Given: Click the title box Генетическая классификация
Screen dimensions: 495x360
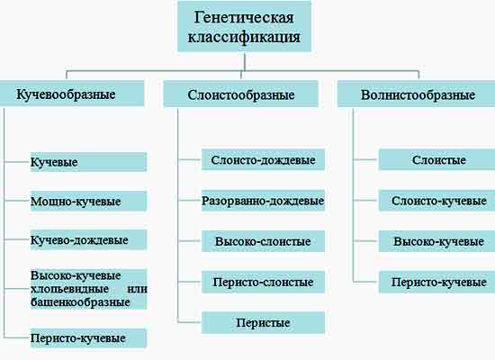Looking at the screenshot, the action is tap(244, 26).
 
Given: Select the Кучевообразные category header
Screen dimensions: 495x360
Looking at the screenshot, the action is tap(72, 94).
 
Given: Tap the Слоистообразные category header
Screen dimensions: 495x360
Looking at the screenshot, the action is tap(240, 94).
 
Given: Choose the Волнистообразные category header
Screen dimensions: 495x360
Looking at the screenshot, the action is tap(417, 94).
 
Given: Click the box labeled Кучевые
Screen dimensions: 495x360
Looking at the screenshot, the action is tap(88, 162).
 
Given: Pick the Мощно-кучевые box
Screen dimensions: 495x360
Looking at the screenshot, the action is tap(88, 202).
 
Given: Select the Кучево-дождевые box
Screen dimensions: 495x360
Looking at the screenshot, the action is tap(88, 240).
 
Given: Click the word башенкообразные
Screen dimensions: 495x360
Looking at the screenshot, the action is tap(80, 302).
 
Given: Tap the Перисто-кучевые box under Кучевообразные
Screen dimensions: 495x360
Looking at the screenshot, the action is tap(88, 338).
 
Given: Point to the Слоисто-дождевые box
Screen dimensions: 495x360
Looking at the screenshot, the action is tap(263, 160).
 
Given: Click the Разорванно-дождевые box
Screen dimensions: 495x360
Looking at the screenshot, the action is tap(263, 201).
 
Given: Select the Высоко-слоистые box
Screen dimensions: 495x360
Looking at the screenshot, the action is tap(263, 241).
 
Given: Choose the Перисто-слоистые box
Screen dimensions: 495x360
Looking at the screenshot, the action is tap(263, 282).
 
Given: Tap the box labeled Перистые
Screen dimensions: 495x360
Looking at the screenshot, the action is tap(263, 323).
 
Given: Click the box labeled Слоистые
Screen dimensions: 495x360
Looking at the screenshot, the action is tap(436, 160).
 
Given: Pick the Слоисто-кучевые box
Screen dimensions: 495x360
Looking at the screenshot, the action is tap(436, 201).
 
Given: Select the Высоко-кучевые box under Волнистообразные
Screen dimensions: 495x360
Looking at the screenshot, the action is tap(436, 241).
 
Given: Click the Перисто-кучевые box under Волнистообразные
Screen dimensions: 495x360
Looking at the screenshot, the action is tap(436, 282).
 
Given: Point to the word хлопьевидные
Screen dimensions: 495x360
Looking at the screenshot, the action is tap(70, 289).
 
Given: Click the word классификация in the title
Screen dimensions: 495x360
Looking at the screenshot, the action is tap(244, 37).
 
